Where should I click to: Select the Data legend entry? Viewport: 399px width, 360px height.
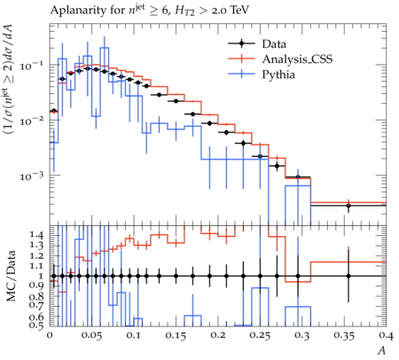coord(274,44)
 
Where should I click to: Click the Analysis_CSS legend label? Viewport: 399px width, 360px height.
coord(297,59)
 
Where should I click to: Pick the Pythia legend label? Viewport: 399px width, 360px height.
coord(278,74)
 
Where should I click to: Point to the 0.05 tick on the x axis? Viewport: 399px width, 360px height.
coord(92,336)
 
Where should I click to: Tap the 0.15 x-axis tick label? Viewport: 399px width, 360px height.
coord(176,336)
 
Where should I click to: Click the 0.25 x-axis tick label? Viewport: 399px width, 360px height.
coord(260,336)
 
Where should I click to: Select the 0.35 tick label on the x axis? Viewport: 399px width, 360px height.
coord(344,336)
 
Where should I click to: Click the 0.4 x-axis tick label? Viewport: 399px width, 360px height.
coord(386,336)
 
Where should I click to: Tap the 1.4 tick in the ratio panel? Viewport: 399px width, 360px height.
coord(37,235)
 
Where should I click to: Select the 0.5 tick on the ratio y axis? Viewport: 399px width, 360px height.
coord(37,325)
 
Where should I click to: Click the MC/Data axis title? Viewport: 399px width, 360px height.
coord(12,276)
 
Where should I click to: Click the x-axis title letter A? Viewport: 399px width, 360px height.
coord(382,351)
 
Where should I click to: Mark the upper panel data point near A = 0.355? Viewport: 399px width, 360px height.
coord(348,206)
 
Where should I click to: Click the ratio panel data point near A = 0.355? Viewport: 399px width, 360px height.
coord(348,276)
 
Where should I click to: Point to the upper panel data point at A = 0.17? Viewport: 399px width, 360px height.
coord(193,114)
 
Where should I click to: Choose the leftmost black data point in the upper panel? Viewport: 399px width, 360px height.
coord(54,111)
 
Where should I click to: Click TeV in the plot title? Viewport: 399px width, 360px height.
coord(239,11)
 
